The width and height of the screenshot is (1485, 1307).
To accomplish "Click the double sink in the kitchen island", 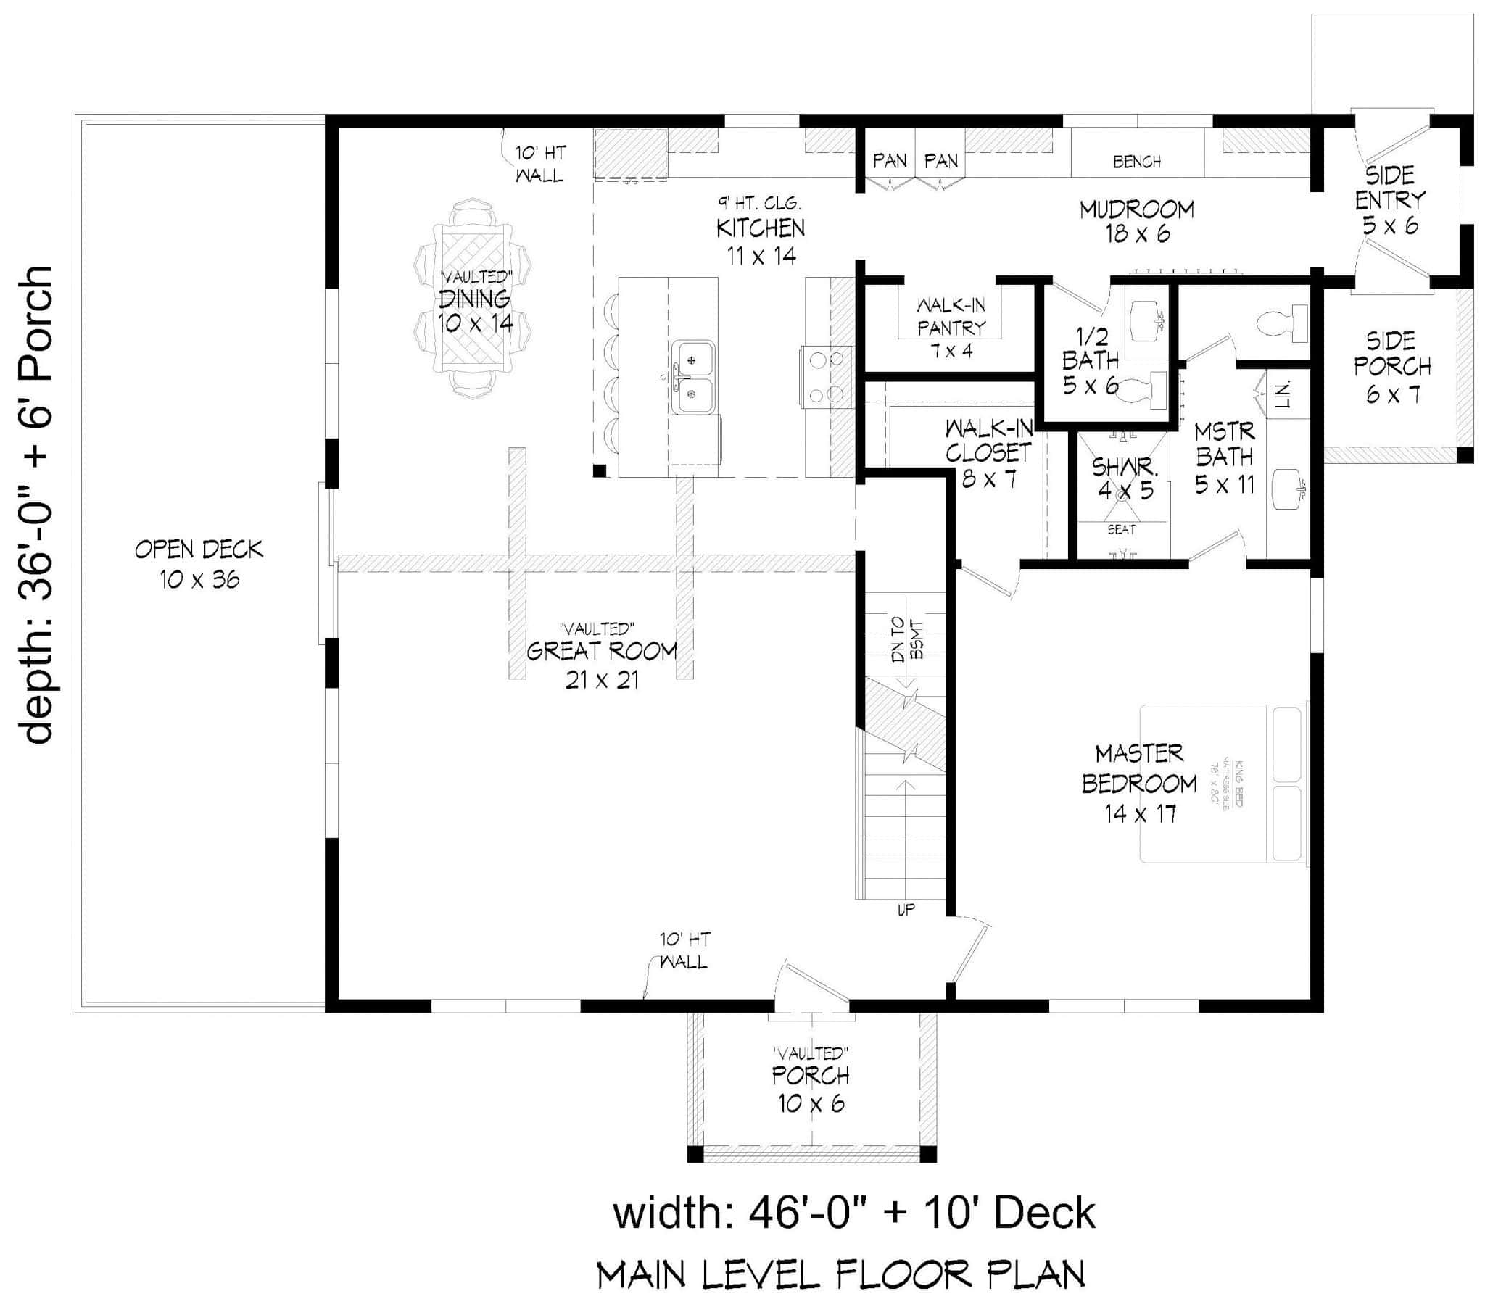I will tap(692, 377).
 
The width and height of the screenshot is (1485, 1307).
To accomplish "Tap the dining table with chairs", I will tap(472, 298).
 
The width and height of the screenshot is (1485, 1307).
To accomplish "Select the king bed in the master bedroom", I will tap(1223, 783).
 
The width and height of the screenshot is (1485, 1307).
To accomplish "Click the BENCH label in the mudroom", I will tap(1137, 161).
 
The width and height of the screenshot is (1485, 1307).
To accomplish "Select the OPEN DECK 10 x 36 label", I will tap(199, 564).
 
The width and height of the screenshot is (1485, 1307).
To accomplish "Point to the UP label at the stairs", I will tap(906, 910).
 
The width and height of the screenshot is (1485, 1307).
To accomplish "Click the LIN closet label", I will tap(1281, 393).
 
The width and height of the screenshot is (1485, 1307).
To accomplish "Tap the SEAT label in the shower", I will tap(1121, 530).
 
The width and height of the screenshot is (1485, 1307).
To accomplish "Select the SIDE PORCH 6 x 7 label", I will tap(1391, 367).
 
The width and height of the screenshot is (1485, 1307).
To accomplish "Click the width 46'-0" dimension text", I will tap(853, 1213).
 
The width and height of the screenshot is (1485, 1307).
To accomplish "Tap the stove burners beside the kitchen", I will tap(826, 376).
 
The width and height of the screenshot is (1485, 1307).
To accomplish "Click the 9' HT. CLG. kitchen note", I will tap(760, 204).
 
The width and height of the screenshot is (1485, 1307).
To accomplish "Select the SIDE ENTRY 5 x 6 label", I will tap(1389, 200).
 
